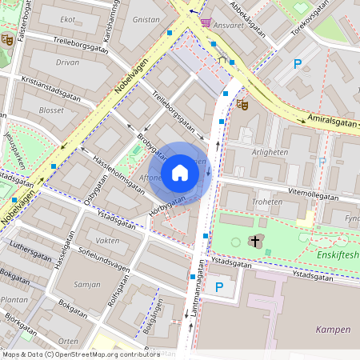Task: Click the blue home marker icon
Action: coord(180,173)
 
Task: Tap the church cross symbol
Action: coord(255,241)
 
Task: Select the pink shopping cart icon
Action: coord(206,22)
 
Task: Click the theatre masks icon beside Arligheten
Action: coord(243,104)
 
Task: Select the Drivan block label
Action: coord(67,62)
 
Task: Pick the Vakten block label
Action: coord(107,240)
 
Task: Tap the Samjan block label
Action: coord(86,285)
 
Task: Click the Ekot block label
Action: coord(68,18)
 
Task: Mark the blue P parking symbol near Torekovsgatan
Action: coord(298,64)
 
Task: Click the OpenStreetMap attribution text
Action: coord(80,354)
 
